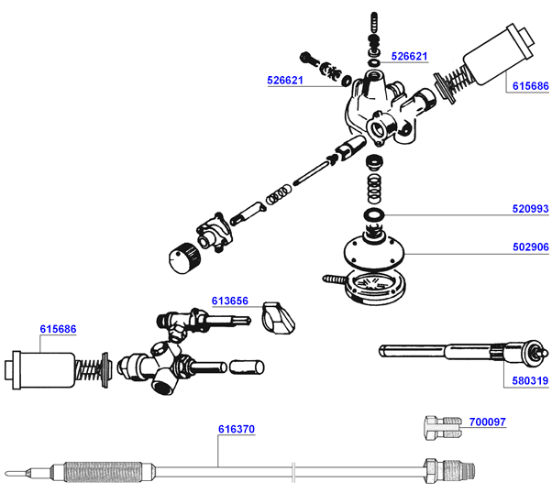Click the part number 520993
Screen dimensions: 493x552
tap(529, 209)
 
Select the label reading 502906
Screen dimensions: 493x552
tap(529, 247)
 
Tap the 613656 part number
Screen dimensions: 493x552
tap(230, 300)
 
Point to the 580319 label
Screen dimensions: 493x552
tap(529, 381)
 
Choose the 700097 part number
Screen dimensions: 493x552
tap(487, 422)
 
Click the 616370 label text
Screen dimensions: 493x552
tap(237, 428)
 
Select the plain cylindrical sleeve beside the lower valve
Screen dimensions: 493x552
tap(247, 368)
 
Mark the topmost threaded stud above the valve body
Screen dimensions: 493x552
tap(373, 22)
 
